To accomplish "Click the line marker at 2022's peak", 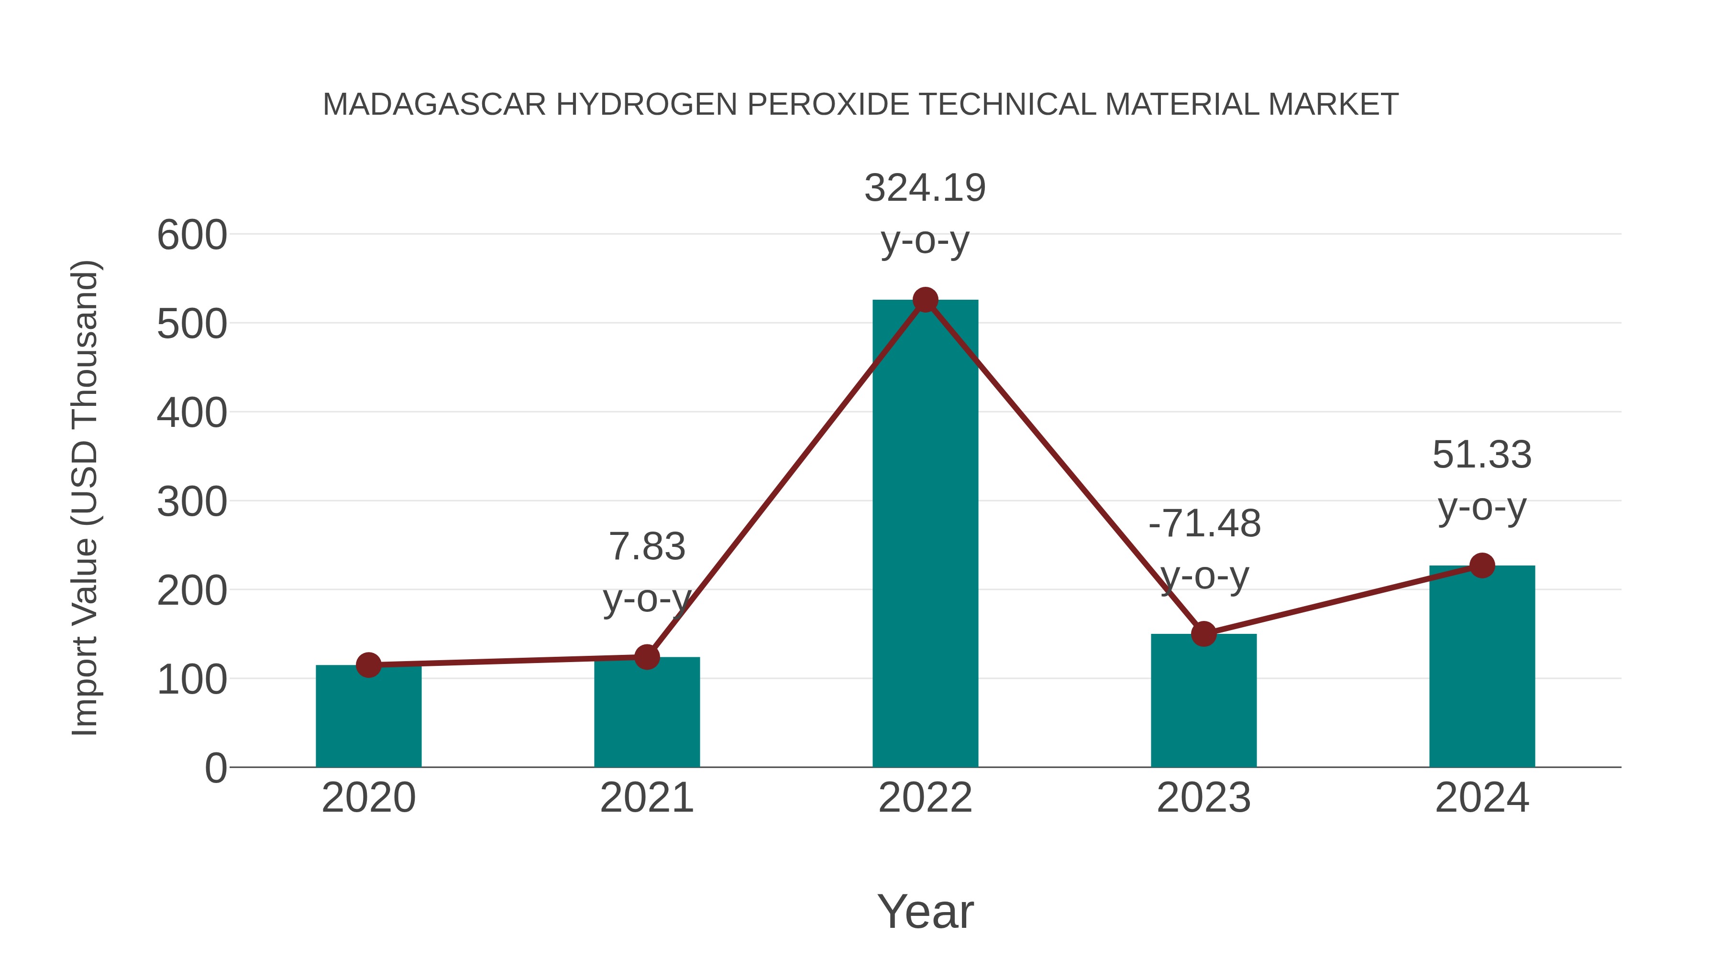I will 925,300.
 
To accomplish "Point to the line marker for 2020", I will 368,665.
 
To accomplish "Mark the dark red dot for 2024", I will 1482,565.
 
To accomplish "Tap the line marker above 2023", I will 1203,633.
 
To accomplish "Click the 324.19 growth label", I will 925,188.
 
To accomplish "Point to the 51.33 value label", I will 1481,456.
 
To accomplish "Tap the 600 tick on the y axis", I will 192,236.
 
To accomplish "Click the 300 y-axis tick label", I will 192,502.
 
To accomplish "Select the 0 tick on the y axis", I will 215,768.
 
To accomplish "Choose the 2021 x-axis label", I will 646,798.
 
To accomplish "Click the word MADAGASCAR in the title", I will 434,105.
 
